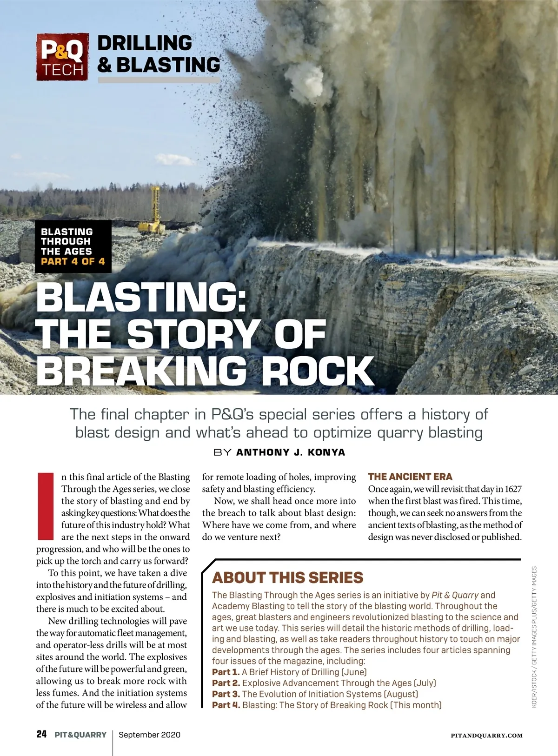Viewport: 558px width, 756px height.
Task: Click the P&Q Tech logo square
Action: [62, 57]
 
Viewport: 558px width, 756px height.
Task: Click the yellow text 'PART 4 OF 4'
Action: [73, 261]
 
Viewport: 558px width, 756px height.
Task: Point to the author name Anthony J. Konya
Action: [291, 452]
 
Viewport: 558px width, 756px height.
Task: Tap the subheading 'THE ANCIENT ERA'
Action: [410, 477]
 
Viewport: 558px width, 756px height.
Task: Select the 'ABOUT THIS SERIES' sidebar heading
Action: [287, 577]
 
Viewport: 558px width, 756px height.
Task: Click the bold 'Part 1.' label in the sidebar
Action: [226, 672]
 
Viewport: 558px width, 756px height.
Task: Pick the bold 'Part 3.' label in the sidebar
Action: [226, 694]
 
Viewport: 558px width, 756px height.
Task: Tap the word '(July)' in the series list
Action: [425, 683]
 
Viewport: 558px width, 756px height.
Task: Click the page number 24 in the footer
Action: [42, 735]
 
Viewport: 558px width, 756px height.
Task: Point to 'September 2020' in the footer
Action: [149, 735]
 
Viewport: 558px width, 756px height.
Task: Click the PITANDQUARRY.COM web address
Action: [486, 736]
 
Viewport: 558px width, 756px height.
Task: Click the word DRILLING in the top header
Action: [145, 43]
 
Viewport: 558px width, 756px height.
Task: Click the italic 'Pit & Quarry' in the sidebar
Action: [455, 595]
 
